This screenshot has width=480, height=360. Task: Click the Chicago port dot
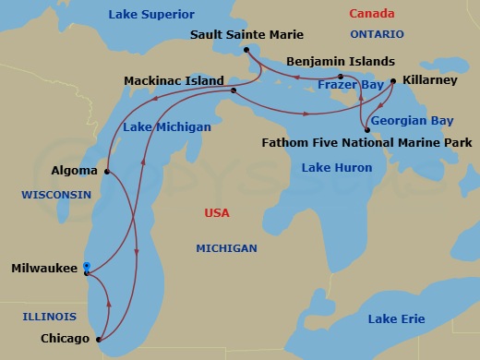pyautogui.click(x=100, y=339)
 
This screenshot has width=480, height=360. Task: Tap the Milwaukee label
pyautogui.click(x=43, y=269)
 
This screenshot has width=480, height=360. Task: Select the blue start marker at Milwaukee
pyautogui.click(x=86, y=266)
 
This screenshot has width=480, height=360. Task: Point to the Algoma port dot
pyautogui.click(x=108, y=172)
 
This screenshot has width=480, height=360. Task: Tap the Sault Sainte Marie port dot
pyautogui.click(x=246, y=50)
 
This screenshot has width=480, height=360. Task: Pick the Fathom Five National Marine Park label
pyautogui.click(x=366, y=143)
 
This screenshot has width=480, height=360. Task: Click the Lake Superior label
pyautogui.click(x=151, y=15)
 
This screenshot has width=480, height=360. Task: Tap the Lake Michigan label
pyautogui.click(x=168, y=126)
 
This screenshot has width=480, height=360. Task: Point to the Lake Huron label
pyautogui.click(x=337, y=168)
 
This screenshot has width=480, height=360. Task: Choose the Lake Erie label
pyautogui.click(x=396, y=318)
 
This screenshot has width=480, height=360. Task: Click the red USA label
pyautogui.click(x=216, y=213)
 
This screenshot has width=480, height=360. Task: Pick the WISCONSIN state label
pyautogui.click(x=56, y=195)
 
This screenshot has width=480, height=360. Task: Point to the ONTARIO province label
pyautogui.click(x=377, y=34)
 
